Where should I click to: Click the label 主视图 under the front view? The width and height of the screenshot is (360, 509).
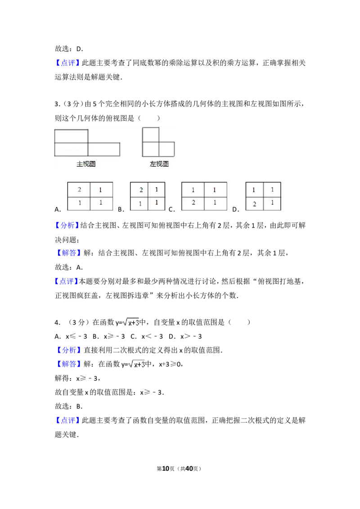pos(86,164)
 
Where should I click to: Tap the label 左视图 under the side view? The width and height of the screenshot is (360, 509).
pos(159,164)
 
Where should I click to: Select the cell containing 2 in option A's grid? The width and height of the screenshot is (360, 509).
pos(79,190)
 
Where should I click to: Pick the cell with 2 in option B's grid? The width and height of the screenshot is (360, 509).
pos(139,190)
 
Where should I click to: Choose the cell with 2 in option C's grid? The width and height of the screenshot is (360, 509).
pos(193,203)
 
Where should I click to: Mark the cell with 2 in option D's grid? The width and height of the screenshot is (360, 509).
pos(254,204)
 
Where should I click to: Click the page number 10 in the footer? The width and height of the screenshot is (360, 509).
pos(166,469)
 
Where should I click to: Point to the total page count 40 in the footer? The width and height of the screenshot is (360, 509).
pos(189,469)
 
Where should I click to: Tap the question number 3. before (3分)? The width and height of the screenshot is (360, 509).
pos(58,104)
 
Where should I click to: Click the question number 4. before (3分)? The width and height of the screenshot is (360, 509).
pos(58,322)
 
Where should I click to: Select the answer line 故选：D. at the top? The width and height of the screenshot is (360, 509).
pos(69,49)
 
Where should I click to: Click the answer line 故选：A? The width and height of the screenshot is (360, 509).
pos(69,268)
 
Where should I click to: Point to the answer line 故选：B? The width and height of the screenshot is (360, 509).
pos(69,406)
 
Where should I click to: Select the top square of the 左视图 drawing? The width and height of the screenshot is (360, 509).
pos(151,135)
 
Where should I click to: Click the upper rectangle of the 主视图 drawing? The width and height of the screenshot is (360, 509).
pos(71,136)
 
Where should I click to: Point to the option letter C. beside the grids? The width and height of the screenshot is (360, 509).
pos(172,210)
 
